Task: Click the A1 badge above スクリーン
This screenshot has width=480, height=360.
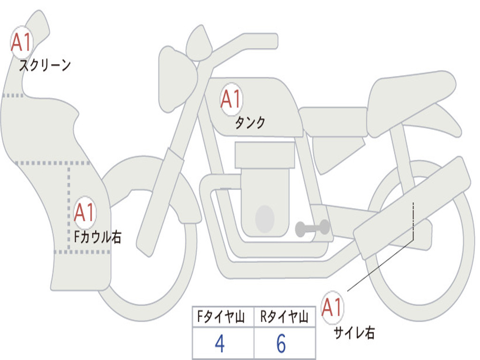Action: (x=22, y=43)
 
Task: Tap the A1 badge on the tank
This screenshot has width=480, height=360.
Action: (x=231, y=99)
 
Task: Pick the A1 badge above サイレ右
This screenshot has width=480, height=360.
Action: (x=332, y=307)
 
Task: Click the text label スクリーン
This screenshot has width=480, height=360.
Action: (x=45, y=65)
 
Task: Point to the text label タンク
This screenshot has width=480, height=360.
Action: (x=250, y=123)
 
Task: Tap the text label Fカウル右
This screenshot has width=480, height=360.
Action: (x=97, y=237)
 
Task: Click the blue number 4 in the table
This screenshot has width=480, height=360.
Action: (x=220, y=344)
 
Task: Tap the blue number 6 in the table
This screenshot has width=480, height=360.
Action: (x=281, y=344)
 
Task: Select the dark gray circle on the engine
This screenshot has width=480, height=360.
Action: (x=265, y=218)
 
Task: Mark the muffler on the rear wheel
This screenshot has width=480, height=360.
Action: (x=412, y=206)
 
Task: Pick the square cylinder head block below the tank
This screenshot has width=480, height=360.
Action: (x=265, y=155)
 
